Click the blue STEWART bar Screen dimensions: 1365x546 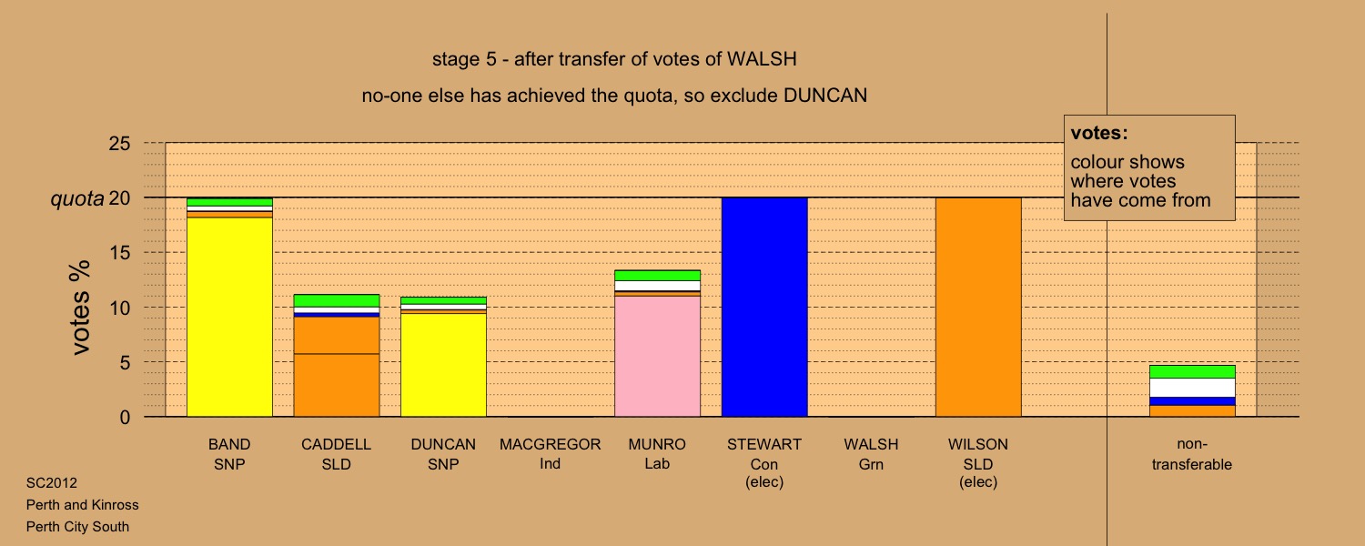[x=764, y=308]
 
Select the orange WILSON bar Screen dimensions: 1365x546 [x=978, y=308]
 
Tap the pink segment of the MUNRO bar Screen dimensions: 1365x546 [x=657, y=357]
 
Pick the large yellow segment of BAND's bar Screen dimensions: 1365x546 [x=229, y=317]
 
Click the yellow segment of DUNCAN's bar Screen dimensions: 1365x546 [x=443, y=365]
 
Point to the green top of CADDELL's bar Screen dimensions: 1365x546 [x=337, y=300]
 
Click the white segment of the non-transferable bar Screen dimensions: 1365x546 [x=1192, y=388]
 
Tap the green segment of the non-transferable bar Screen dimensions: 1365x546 [x=1192, y=371]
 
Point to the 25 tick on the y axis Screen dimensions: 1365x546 [x=119, y=143]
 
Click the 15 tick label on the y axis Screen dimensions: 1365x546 [x=119, y=252]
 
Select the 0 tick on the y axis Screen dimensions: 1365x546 [x=125, y=418]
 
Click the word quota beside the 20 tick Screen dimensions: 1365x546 [x=77, y=198]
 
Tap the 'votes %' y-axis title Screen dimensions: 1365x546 [x=80, y=308]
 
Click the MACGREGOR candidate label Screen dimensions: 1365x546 [x=550, y=444]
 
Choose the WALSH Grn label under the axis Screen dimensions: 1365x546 [x=871, y=454]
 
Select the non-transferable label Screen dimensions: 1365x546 [x=1192, y=454]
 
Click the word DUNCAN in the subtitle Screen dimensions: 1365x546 [x=825, y=96]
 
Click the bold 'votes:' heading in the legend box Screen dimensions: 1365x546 [x=1099, y=133]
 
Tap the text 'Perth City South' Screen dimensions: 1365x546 [x=77, y=527]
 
